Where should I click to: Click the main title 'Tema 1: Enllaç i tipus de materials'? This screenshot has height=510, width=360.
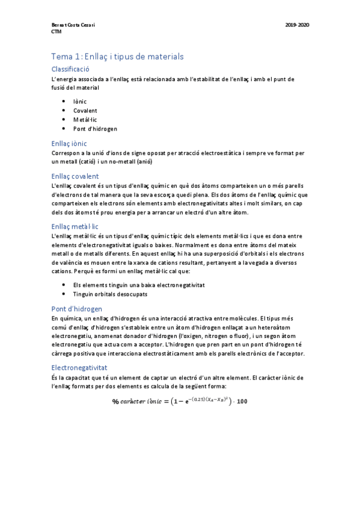coord(117,56)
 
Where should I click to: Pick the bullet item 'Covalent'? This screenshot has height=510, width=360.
coord(85,111)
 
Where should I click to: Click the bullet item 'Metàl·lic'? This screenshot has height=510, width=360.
coord(85,120)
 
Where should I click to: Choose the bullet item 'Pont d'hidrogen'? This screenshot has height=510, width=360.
coord(95,129)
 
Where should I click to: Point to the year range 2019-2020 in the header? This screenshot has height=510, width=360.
coord(297,25)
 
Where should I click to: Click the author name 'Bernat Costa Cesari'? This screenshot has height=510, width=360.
coord(74,25)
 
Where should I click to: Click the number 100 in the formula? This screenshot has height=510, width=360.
coord(242,402)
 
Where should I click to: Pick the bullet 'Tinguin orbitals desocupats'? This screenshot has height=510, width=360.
coord(110,294)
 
